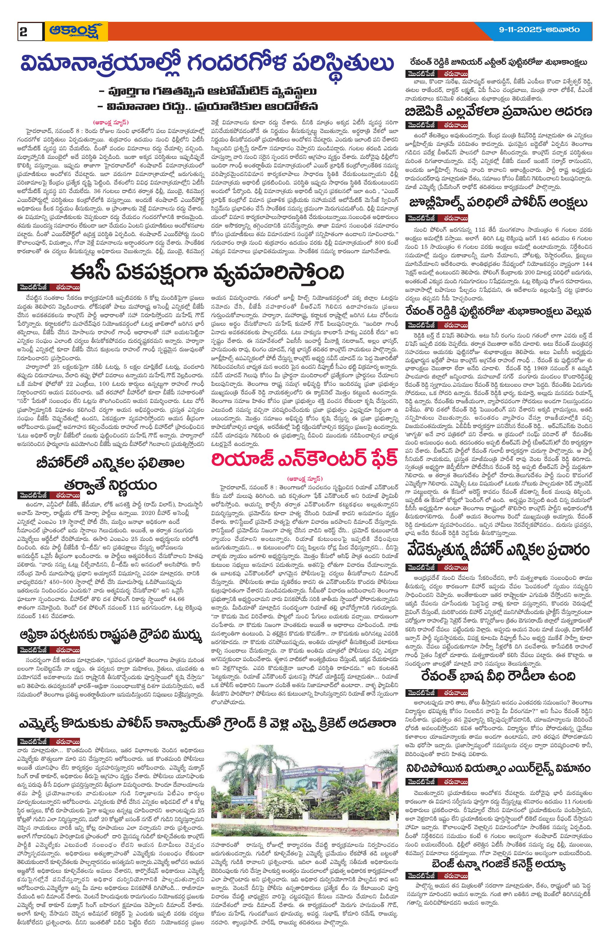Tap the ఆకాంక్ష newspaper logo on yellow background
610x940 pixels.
(76, 31)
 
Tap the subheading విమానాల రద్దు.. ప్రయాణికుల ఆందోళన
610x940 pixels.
(208, 107)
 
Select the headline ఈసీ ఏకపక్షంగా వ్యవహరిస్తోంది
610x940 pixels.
(207, 272)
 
